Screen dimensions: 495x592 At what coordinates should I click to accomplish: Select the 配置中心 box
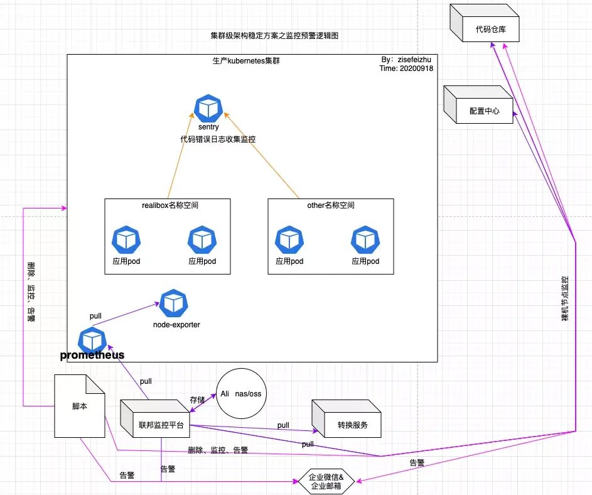(484, 111)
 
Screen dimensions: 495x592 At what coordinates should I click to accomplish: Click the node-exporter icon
(174, 304)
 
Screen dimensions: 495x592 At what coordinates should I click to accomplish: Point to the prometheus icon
(92, 340)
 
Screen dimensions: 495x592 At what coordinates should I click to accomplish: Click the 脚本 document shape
(80, 406)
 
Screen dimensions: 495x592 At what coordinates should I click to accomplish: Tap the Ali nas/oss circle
(240, 393)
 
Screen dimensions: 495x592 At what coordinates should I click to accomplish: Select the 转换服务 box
(352, 425)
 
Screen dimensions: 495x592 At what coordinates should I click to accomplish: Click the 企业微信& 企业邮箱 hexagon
(327, 482)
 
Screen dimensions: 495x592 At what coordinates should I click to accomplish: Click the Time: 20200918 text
(406, 69)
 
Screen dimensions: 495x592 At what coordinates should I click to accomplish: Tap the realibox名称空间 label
(167, 205)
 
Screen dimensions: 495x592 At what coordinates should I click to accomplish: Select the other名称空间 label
(330, 205)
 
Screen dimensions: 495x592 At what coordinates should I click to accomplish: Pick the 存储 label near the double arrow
(197, 400)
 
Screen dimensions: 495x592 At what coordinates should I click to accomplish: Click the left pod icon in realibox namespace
(126, 239)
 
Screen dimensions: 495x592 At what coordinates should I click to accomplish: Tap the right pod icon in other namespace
(365, 239)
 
